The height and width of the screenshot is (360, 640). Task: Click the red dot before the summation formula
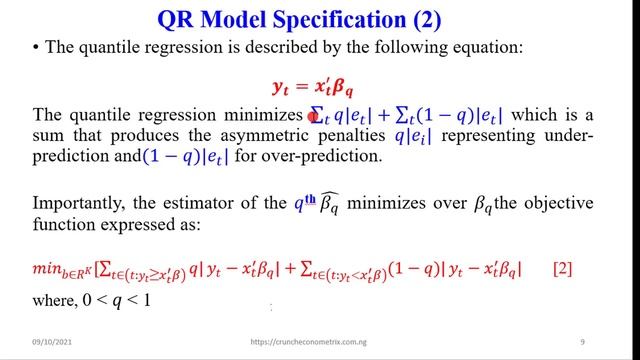[313, 117]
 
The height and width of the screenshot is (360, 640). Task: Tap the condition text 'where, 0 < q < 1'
[93, 299]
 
